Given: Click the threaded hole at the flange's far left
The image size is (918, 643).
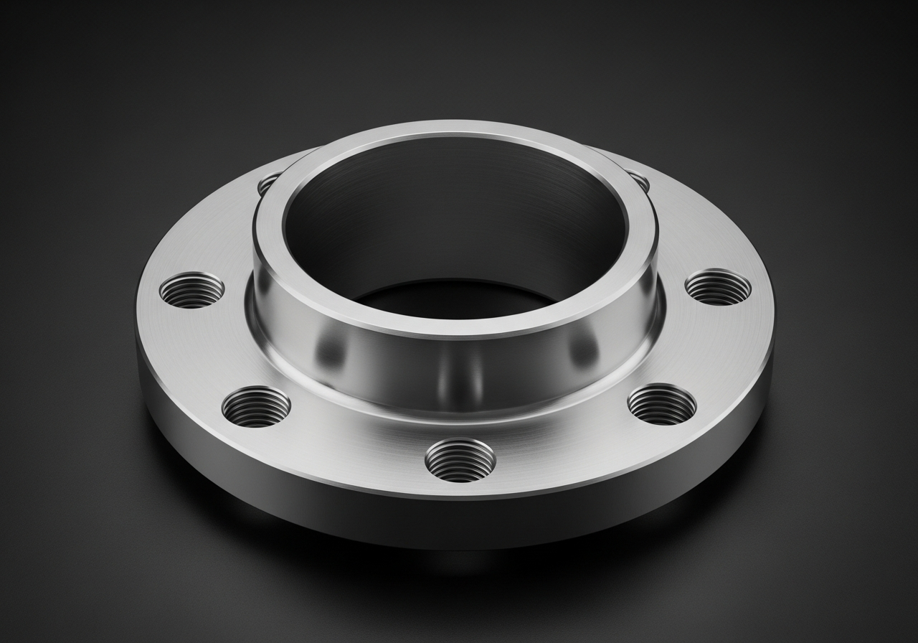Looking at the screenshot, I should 191,291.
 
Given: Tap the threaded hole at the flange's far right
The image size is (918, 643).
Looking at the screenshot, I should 718,287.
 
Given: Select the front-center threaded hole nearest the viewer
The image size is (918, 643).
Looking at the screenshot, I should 460,459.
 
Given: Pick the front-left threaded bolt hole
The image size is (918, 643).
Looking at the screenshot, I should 256,406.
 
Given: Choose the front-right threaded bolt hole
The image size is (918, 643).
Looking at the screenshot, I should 661,404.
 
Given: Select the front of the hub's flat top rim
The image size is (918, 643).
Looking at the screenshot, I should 459,327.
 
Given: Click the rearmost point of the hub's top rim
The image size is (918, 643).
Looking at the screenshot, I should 459,129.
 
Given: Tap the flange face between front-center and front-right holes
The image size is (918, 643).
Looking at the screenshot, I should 567,445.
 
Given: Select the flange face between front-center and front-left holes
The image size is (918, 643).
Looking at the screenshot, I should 351,445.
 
